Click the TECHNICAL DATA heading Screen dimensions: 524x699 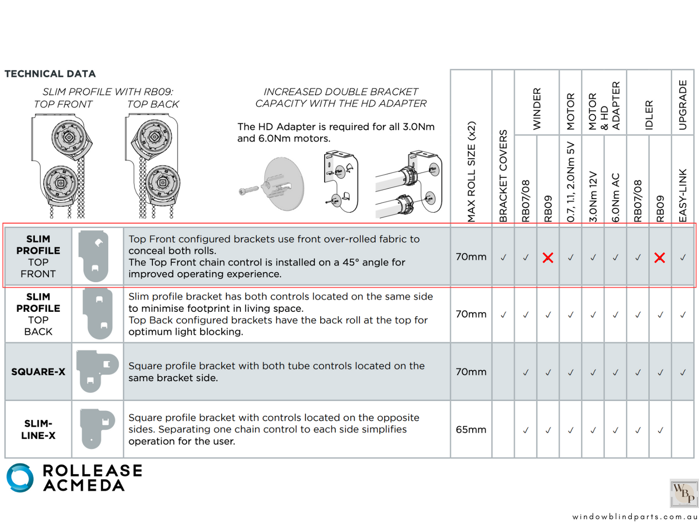tap(50, 74)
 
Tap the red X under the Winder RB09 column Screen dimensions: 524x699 tap(548, 258)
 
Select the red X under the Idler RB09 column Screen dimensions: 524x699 tap(659, 258)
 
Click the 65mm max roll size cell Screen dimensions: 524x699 tap(471, 430)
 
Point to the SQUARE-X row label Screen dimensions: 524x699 tap(38, 372)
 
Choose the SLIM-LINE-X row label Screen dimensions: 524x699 tap(38, 429)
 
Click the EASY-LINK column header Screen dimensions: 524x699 tap(683, 195)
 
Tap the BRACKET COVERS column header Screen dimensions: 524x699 tap(503, 176)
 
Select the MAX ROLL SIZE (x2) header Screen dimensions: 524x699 tap(471, 172)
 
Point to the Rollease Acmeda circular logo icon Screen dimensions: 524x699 tap(20, 478)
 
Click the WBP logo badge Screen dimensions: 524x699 tap(684, 493)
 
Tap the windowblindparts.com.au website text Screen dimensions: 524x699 tap(635, 517)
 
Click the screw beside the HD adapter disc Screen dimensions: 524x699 tap(249, 191)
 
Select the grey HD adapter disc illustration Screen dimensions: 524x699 tap(284, 184)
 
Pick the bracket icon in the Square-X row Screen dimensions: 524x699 tap(96, 371)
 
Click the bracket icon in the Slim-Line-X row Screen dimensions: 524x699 tap(96, 428)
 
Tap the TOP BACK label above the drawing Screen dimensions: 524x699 tap(153, 104)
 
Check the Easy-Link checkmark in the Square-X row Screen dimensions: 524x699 tap(683, 372)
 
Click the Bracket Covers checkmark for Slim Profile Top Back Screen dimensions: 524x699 tap(503, 315)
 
